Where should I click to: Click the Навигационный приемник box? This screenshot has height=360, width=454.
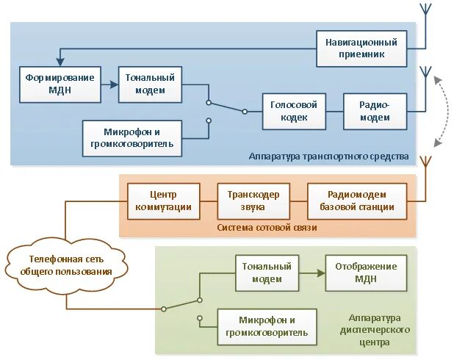coord(361,48)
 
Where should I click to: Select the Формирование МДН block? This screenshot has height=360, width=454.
coord(60,85)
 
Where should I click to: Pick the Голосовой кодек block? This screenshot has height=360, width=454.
coord(293,112)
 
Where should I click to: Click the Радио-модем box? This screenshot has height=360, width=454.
coord(375,112)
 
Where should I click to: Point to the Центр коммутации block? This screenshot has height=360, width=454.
coord(164,201)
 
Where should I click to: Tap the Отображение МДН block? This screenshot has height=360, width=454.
coord(365,272)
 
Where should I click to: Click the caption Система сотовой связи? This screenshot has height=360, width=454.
coord(267,228)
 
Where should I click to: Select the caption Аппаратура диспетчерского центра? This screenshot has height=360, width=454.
coord(375,330)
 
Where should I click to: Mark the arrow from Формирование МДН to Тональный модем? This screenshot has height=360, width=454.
coord(109,85)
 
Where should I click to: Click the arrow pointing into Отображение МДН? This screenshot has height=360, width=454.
coord(311,273)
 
